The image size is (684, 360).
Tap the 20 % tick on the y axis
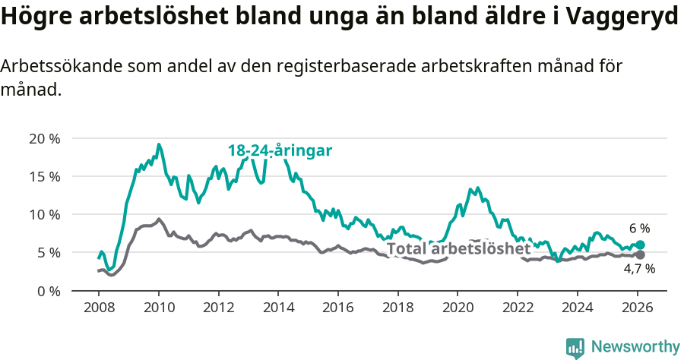[x=43, y=138]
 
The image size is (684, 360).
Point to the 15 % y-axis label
[x=43, y=176]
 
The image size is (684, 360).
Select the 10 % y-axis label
[x=43, y=214]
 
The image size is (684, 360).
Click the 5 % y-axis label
[x=47, y=252]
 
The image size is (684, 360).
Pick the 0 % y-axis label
[x=47, y=290]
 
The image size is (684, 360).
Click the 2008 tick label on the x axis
[x=99, y=308]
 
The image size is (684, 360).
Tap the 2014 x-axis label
[x=278, y=308]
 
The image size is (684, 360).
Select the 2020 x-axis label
[x=458, y=308]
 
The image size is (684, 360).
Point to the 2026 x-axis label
[x=637, y=308]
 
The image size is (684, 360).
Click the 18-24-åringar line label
[x=280, y=150]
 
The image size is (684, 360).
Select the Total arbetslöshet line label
[x=458, y=249]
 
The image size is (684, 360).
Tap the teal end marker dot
[x=640, y=245]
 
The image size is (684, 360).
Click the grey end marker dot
[x=640, y=254]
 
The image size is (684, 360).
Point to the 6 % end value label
[x=639, y=229]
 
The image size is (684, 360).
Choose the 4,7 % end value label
[x=639, y=269]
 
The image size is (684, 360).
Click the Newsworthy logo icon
[x=575, y=347]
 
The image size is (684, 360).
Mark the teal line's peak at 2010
[x=159, y=144]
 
